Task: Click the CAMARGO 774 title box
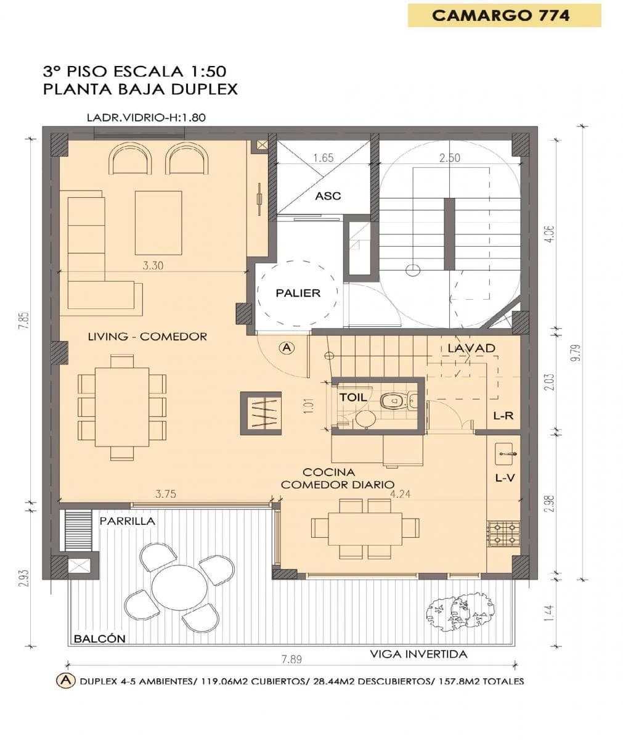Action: (504, 15)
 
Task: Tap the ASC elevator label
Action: (328, 196)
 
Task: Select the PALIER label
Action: (298, 293)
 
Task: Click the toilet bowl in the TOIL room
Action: (393, 401)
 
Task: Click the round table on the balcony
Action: (180, 588)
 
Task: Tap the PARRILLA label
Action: (127, 521)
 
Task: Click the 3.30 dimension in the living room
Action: (153, 265)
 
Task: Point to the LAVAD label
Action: (471, 348)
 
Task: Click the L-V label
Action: (504, 478)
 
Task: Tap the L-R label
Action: (503, 416)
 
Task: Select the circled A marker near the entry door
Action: (287, 348)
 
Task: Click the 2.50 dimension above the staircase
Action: (449, 158)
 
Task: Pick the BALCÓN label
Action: (100, 639)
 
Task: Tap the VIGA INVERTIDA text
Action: (418, 654)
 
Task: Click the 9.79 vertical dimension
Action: (577, 353)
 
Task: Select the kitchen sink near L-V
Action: (506, 454)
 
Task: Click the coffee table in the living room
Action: (158, 223)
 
